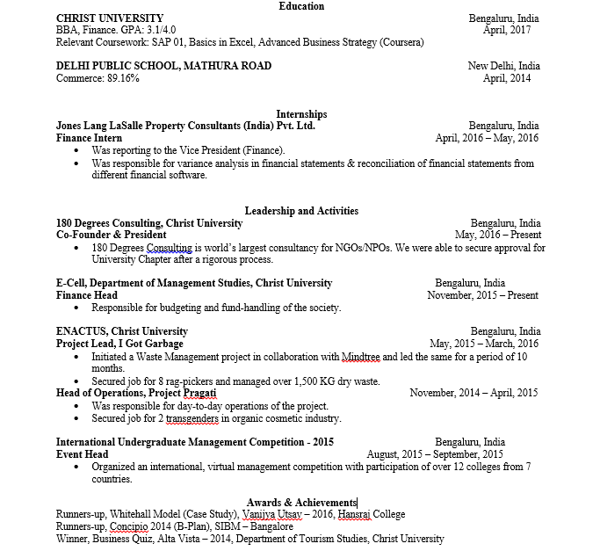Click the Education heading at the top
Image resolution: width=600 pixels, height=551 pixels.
301,6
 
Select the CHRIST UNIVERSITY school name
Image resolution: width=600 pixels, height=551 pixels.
109,18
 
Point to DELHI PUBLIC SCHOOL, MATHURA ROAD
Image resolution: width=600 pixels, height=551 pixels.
163,66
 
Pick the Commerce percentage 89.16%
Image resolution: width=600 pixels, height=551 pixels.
122,78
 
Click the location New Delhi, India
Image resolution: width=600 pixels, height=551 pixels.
503,66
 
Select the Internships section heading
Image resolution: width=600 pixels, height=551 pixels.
301,114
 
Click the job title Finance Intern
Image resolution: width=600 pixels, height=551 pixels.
89,138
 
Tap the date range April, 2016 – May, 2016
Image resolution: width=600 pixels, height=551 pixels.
487,138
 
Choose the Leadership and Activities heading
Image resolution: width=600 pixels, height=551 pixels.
301,211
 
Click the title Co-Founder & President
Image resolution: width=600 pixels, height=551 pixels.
111,236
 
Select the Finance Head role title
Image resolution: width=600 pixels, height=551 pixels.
86,295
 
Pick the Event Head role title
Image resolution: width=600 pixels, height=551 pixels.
82,454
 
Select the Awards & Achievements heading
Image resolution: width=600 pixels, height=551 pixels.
301,502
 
